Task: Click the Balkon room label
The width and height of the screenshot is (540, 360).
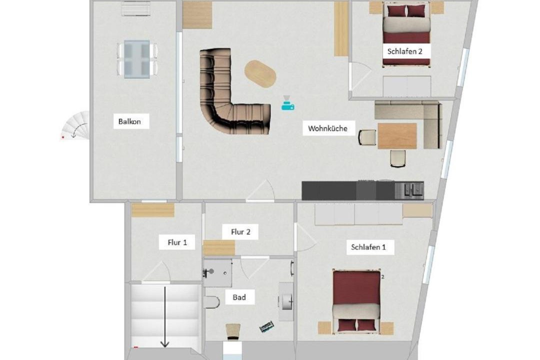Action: (x=129, y=121)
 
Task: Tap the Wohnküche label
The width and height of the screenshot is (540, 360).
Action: (x=327, y=128)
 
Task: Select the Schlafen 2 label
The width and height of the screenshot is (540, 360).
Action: (x=404, y=51)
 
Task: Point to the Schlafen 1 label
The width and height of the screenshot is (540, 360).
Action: (x=368, y=247)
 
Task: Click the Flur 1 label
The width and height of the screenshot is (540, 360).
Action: (x=177, y=242)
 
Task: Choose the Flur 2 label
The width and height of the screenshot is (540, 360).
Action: (x=240, y=232)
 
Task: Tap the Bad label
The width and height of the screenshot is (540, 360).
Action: (x=239, y=297)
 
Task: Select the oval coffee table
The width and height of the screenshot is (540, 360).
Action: (x=260, y=73)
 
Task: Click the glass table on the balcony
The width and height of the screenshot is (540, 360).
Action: (x=137, y=59)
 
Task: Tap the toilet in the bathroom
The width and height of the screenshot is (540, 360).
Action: (x=211, y=302)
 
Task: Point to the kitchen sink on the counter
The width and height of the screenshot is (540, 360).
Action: (x=413, y=190)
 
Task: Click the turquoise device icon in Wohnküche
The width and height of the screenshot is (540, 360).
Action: (x=287, y=103)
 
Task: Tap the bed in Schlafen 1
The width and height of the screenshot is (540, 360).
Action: (x=356, y=302)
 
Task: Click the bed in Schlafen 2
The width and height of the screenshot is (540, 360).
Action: (x=406, y=34)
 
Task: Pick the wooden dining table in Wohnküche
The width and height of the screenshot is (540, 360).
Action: (x=397, y=135)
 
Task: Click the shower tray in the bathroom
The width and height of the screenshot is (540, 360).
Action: (x=217, y=273)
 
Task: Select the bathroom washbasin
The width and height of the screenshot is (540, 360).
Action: (x=286, y=301)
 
